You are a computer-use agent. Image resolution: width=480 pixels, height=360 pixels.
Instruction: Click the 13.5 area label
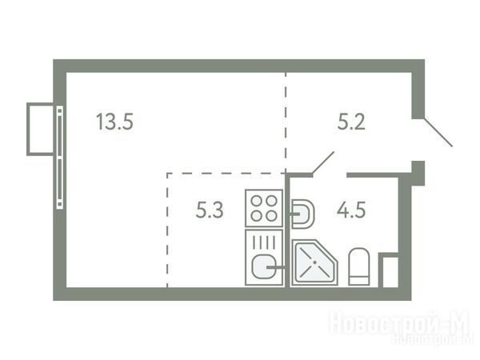pyautogui.click(x=114, y=122)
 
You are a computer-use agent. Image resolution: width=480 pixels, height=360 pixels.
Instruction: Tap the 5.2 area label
pyautogui.click(x=351, y=122)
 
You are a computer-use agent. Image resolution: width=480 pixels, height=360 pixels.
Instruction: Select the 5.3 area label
pyautogui.click(x=210, y=210)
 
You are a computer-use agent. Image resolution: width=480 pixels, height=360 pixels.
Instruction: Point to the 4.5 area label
pyautogui.click(x=351, y=210)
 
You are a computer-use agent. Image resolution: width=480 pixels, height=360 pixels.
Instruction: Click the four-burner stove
pyautogui.click(x=264, y=208)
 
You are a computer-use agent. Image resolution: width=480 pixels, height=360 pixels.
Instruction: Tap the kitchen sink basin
pyautogui.click(x=264, y=267)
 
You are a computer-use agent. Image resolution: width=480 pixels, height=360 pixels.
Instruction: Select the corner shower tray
pyautogui.click(x=314, y=262)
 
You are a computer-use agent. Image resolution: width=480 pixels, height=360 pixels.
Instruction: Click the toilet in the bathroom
pyautogui.click(x=358, y=266)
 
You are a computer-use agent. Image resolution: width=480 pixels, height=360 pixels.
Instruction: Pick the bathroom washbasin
pyautogui.click(x=302, y=214)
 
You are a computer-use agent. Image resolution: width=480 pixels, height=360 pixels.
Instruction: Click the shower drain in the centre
pyautogui.click(x=314, y=262)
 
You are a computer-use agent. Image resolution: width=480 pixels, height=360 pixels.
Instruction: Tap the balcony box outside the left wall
pyautogui.click(x=40, y=129)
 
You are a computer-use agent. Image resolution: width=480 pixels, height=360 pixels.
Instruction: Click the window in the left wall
pyautogui.click(x=60, y=158)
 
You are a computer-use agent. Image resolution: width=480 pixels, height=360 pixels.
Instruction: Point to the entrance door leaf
pyautogui.click(x=438, y=132)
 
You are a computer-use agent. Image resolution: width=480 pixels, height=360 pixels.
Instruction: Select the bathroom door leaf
pyautogui.click(x=322, y=163)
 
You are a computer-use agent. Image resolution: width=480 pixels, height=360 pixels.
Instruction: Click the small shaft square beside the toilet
pyautogui.click(x=389, y=270)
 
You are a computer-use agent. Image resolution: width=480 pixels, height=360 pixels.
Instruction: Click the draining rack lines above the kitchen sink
pyautogui.click(x=264, y=242)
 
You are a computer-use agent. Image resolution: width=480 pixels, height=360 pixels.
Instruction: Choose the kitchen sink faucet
pyautogui.click(x=276, y=267)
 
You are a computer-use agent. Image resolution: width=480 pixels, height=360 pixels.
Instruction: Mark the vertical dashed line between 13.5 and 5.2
pyautogui.click(x=286, y=122)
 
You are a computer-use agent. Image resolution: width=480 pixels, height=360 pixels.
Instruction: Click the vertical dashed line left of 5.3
pyautogui.click(x=167, y=230)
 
